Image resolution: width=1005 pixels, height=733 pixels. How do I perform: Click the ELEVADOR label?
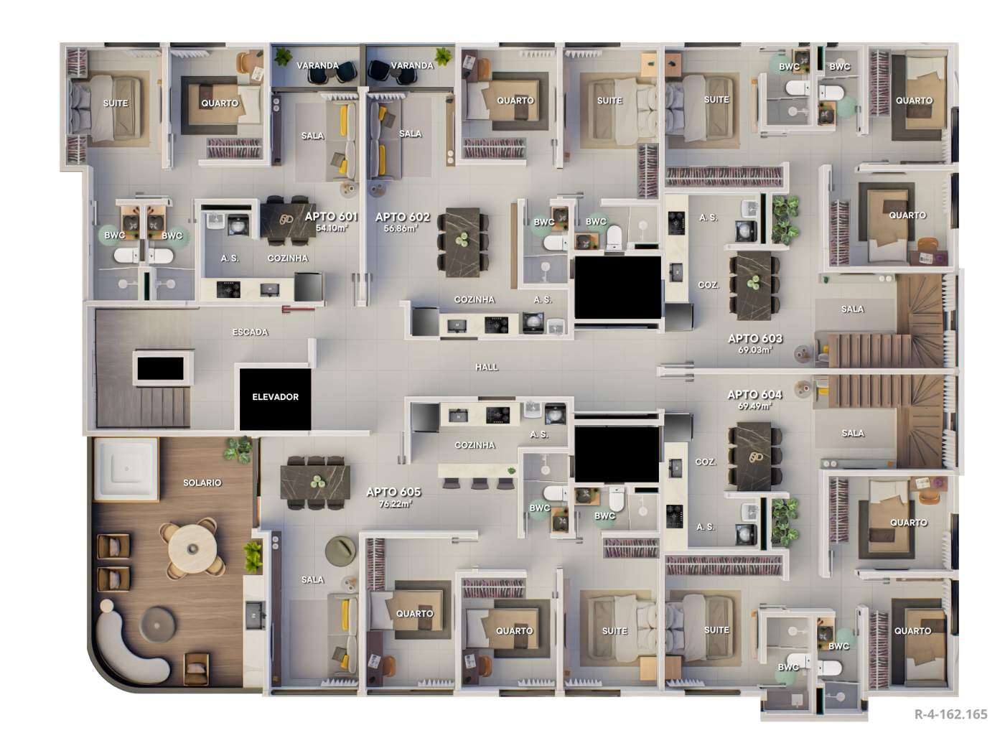[x=275, y=397]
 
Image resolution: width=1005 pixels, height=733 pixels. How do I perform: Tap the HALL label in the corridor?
[x=487, y=367]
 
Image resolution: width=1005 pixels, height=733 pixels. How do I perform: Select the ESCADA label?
[x=250, y=332]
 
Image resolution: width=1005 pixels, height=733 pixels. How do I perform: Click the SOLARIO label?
[x=202, y=482]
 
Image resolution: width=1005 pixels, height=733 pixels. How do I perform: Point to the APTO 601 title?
[x=331, y=217]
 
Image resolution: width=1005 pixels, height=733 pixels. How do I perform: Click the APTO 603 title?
[x=754, y=338]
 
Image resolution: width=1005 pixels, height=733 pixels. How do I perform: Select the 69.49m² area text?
[x=754, y=406]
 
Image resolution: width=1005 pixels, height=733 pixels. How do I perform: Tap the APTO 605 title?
[x=393, y=492]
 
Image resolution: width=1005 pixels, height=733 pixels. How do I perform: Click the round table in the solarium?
[x=192, y=548]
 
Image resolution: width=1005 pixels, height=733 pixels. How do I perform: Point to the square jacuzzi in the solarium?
[x=126, y=470]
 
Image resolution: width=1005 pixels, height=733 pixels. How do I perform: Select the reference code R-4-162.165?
[x=950, y=714]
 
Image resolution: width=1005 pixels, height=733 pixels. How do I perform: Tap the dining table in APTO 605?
[x=315, y=482]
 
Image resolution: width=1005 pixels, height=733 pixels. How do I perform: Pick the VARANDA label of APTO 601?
[x=317, y=65]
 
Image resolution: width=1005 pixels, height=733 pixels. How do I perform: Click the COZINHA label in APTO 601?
[x=288, y=258]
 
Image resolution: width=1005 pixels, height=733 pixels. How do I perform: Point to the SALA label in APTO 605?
[x=312, y=579]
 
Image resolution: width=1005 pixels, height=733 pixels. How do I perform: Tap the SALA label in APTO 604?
[x=853, y=433]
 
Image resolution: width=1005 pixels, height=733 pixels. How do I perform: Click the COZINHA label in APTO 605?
[x=475, y=445]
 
